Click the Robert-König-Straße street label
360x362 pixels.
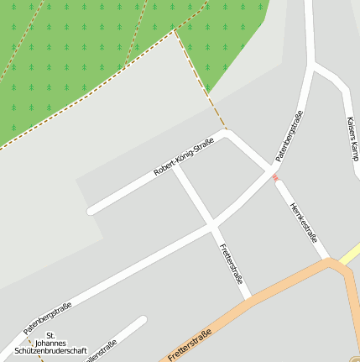pos(183,157)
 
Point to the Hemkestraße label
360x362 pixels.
pos(303,223)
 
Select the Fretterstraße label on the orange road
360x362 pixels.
pos(190,344)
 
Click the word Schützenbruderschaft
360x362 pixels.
pos(57,351)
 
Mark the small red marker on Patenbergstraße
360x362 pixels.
pos(275,177)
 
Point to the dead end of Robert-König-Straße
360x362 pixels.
pos(91,210)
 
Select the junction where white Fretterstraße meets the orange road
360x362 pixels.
pos(248,299)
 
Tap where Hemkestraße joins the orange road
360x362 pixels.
pos(329,262)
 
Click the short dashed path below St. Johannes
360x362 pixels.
pos(34,353)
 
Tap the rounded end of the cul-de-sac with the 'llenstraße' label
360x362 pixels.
pos(142,321)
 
